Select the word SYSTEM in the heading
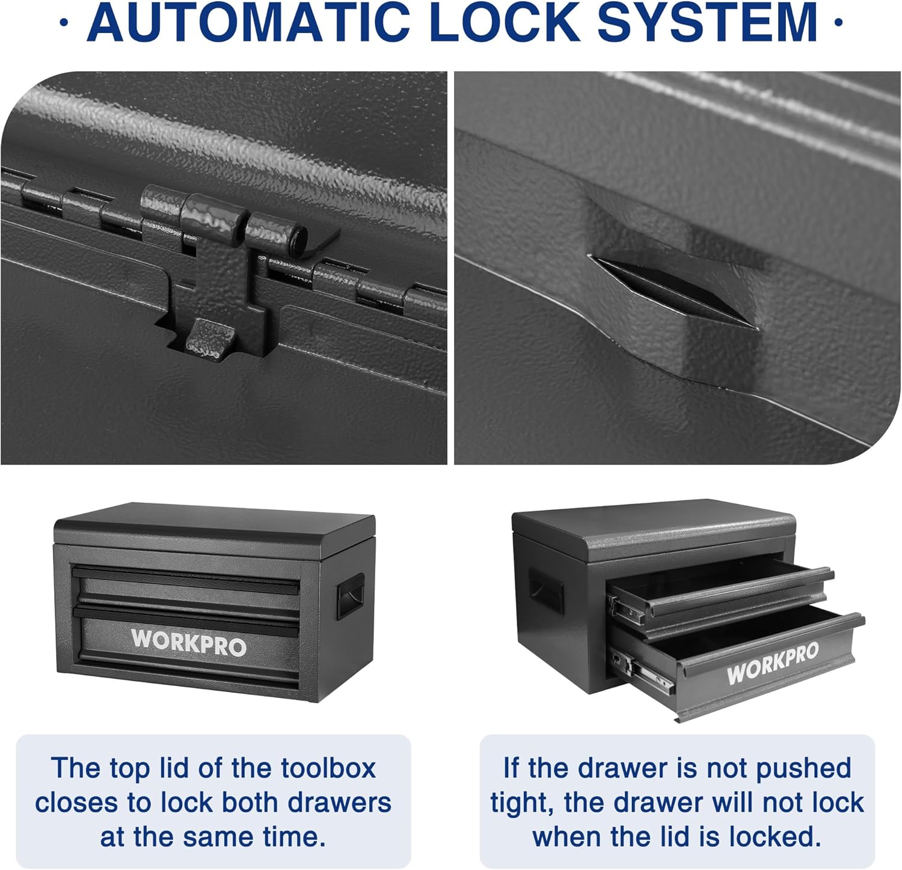point(707,22)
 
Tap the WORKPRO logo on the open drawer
point(773,663)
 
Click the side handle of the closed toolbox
point(349,595)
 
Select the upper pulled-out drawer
point(722,592)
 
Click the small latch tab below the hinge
point(210,339)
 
